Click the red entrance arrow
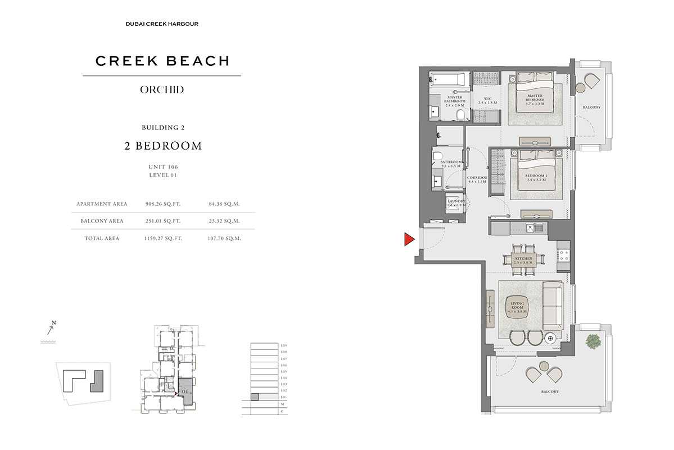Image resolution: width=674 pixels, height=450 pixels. [x=409, y=240]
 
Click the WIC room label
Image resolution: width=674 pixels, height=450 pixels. [x=487, y=101]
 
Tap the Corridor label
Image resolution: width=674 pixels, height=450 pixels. [x=477, y=180]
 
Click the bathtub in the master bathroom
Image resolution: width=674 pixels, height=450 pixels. [x=448, y=79]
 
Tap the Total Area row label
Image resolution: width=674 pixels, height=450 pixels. [x=102, y=238]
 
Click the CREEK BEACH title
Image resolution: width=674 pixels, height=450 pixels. [x=162, y=61]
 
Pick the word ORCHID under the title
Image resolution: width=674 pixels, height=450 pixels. [x=161, y=89]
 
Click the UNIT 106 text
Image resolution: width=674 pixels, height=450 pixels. [x=162, y=167]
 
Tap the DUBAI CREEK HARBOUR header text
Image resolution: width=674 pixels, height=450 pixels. [x=161, y=24]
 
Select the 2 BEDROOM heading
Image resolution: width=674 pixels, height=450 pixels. [x=162, y=146]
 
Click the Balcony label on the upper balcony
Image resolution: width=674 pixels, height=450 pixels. [x=591, y=107]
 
